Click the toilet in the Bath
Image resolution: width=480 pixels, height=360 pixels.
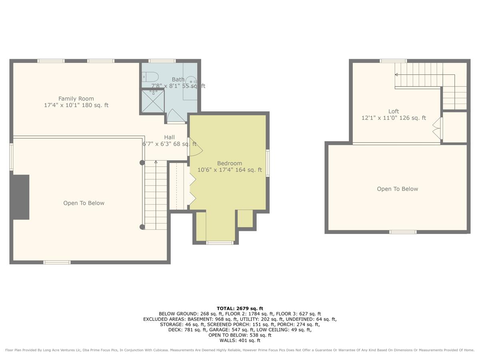(x=150, y=77)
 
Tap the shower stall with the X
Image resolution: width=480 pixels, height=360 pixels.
(x=153, y=101)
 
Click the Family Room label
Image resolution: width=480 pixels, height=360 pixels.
(x=76, y=102)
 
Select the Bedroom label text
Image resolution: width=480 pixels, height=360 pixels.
(x=230, y=166)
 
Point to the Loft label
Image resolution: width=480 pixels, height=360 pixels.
(x=394, y=114)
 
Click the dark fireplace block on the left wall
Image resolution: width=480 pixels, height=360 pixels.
(x=21, y=197)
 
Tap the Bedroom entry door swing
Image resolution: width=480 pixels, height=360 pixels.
(x=195, y=147)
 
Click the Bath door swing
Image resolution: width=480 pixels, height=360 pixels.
(x=176, y=116)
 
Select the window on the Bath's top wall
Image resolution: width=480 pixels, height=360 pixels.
(x=162, y=61)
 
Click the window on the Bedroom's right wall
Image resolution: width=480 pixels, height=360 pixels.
(x=268, y=163)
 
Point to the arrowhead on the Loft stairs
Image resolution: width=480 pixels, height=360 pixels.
(x=396, y=75)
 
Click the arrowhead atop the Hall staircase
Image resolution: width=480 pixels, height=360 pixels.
(x=156, y=162)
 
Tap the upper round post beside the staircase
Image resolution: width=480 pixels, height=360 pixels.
(x=142, y=163)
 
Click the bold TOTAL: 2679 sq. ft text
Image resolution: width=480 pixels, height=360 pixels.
(x=240, y=308)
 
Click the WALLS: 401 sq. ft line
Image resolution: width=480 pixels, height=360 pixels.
(x=240, y=340)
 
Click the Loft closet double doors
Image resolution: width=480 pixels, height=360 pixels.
(x=437, y=128)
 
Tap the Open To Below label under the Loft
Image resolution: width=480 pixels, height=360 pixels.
(x=397, y=189)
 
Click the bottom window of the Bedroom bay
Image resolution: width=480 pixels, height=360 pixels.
(x=220, y=243)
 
